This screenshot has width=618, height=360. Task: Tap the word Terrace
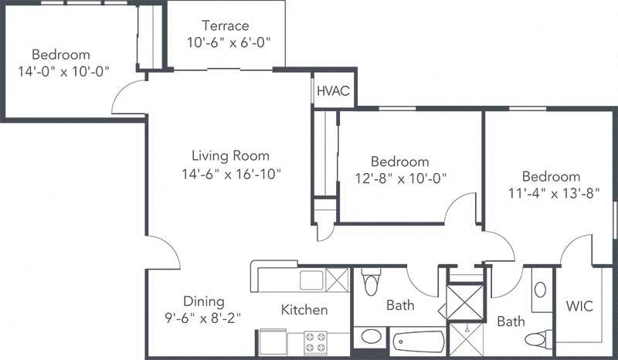point(226,25)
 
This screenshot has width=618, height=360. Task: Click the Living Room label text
point(225,156)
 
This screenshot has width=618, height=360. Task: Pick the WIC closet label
point(579,307)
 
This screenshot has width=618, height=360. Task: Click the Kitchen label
point(304,310)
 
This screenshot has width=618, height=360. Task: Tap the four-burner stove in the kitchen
point(315,341)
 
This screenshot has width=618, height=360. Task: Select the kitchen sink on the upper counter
point(311,279)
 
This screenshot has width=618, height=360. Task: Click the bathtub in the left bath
point(418,341)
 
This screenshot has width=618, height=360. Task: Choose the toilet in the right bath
point(537,339)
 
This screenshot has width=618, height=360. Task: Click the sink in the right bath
point(541,290)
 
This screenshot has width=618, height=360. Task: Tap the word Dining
point(204,301)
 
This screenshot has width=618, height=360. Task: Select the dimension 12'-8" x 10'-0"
point(399,178)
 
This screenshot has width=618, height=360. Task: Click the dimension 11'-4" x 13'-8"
point(550,192)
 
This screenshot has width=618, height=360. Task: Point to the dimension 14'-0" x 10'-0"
point(61,71)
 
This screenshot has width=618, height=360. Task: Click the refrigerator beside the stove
point(271,341)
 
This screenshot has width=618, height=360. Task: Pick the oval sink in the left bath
point(372,338)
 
